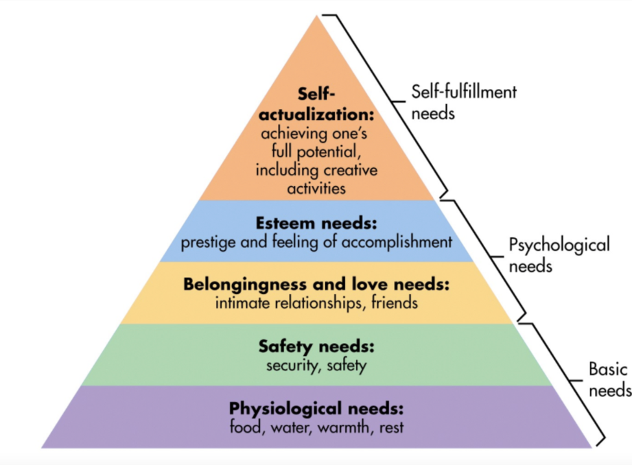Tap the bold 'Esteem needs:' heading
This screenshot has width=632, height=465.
(316, 222)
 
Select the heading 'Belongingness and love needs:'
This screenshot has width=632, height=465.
(316, 284)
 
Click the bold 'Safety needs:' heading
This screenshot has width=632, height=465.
(316, 346)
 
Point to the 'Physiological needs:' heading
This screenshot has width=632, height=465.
(316, 409)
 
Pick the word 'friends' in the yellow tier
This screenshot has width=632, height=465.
(395, 302)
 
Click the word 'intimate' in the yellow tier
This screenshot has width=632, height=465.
(242, 302)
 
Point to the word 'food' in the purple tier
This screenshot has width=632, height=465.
(243, 427)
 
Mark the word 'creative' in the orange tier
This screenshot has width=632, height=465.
(349, 171)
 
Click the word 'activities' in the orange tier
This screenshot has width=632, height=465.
(316, 188)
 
